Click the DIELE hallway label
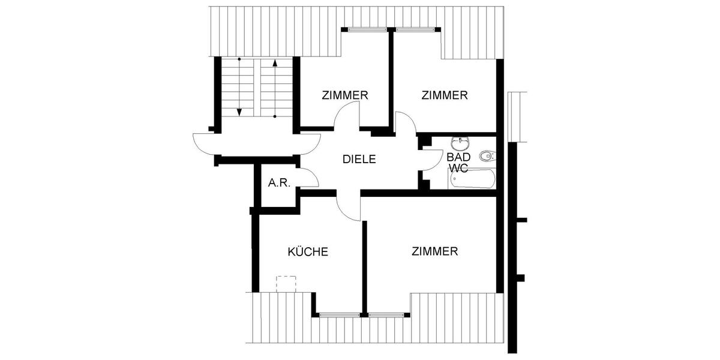[359, 160]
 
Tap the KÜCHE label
[308, 252]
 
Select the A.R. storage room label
[279, 183]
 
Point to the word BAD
[459, 157]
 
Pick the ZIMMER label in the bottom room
[435, 251]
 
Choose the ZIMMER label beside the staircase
[344, 95]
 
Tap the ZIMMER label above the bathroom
[444, 95]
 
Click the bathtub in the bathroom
[473, 179]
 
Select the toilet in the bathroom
[487, 157]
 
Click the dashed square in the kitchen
[286, 284]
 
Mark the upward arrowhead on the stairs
[275, 62]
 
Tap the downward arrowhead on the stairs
[239, 112]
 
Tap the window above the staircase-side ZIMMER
[365, 29]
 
